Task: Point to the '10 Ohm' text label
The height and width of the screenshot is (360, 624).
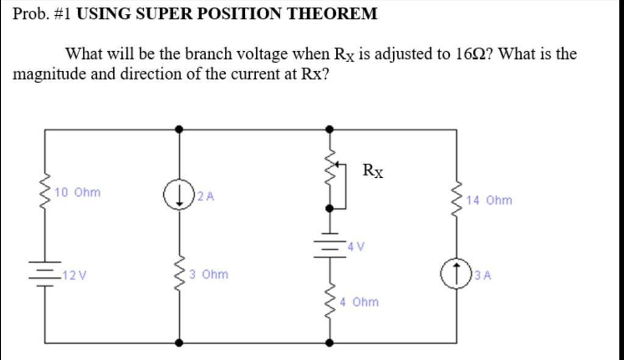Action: [77, 192]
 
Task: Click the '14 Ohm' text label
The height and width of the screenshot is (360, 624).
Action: [489, 200]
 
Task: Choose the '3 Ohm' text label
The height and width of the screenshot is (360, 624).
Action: [208, 275]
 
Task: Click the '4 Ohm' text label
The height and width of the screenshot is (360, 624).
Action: [359, 302]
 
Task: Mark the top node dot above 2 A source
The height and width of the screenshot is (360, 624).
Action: [179, 129]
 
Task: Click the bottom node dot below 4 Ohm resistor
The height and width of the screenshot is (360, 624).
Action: [330, 343]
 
